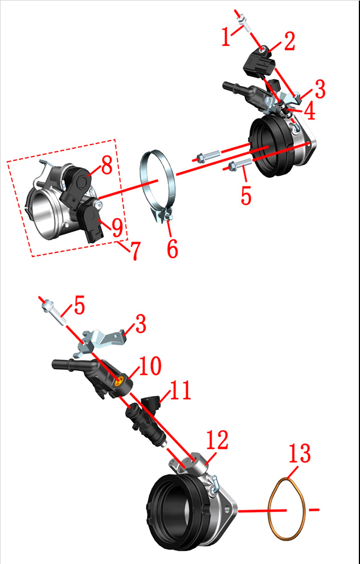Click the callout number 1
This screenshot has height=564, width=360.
click(226, 37)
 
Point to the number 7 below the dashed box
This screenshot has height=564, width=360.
click(134, 250)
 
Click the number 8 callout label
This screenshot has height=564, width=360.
click(107, 165)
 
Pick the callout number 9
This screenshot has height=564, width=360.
click(117, 228)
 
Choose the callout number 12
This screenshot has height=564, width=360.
click(217, 440)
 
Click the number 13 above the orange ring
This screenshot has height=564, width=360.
click(300, 453)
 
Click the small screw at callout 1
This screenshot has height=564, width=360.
click(246, 23)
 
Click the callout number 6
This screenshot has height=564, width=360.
click(173, 248)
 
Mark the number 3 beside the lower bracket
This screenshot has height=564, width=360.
click(141, 324)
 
